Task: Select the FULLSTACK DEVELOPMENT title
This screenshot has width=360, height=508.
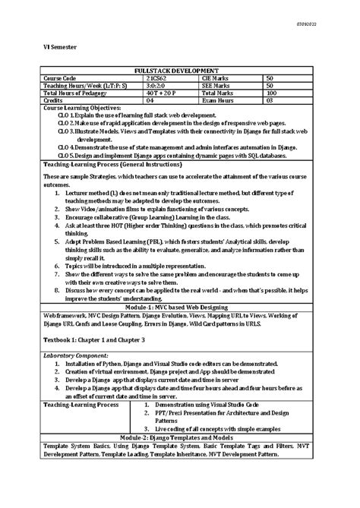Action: pyautogui.click(x=181, y=70)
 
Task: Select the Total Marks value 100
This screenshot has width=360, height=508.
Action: pyautogui.click(x=271, y=93)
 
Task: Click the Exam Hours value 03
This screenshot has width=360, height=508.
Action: pyautogui.click(x=269, y=100)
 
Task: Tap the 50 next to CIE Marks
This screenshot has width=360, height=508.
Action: pyautogui.click(x=270, y=77)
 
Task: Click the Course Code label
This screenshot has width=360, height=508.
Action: pyautogui.click(x=60, y=77)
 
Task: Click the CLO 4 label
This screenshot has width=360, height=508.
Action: pyautogui.click(x=66, y=147)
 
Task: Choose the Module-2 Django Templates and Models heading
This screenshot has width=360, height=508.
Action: pyautogui.click(x=181, y=439)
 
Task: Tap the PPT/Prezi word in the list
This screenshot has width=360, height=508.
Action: pyautogui.click(x=172, y=413)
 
